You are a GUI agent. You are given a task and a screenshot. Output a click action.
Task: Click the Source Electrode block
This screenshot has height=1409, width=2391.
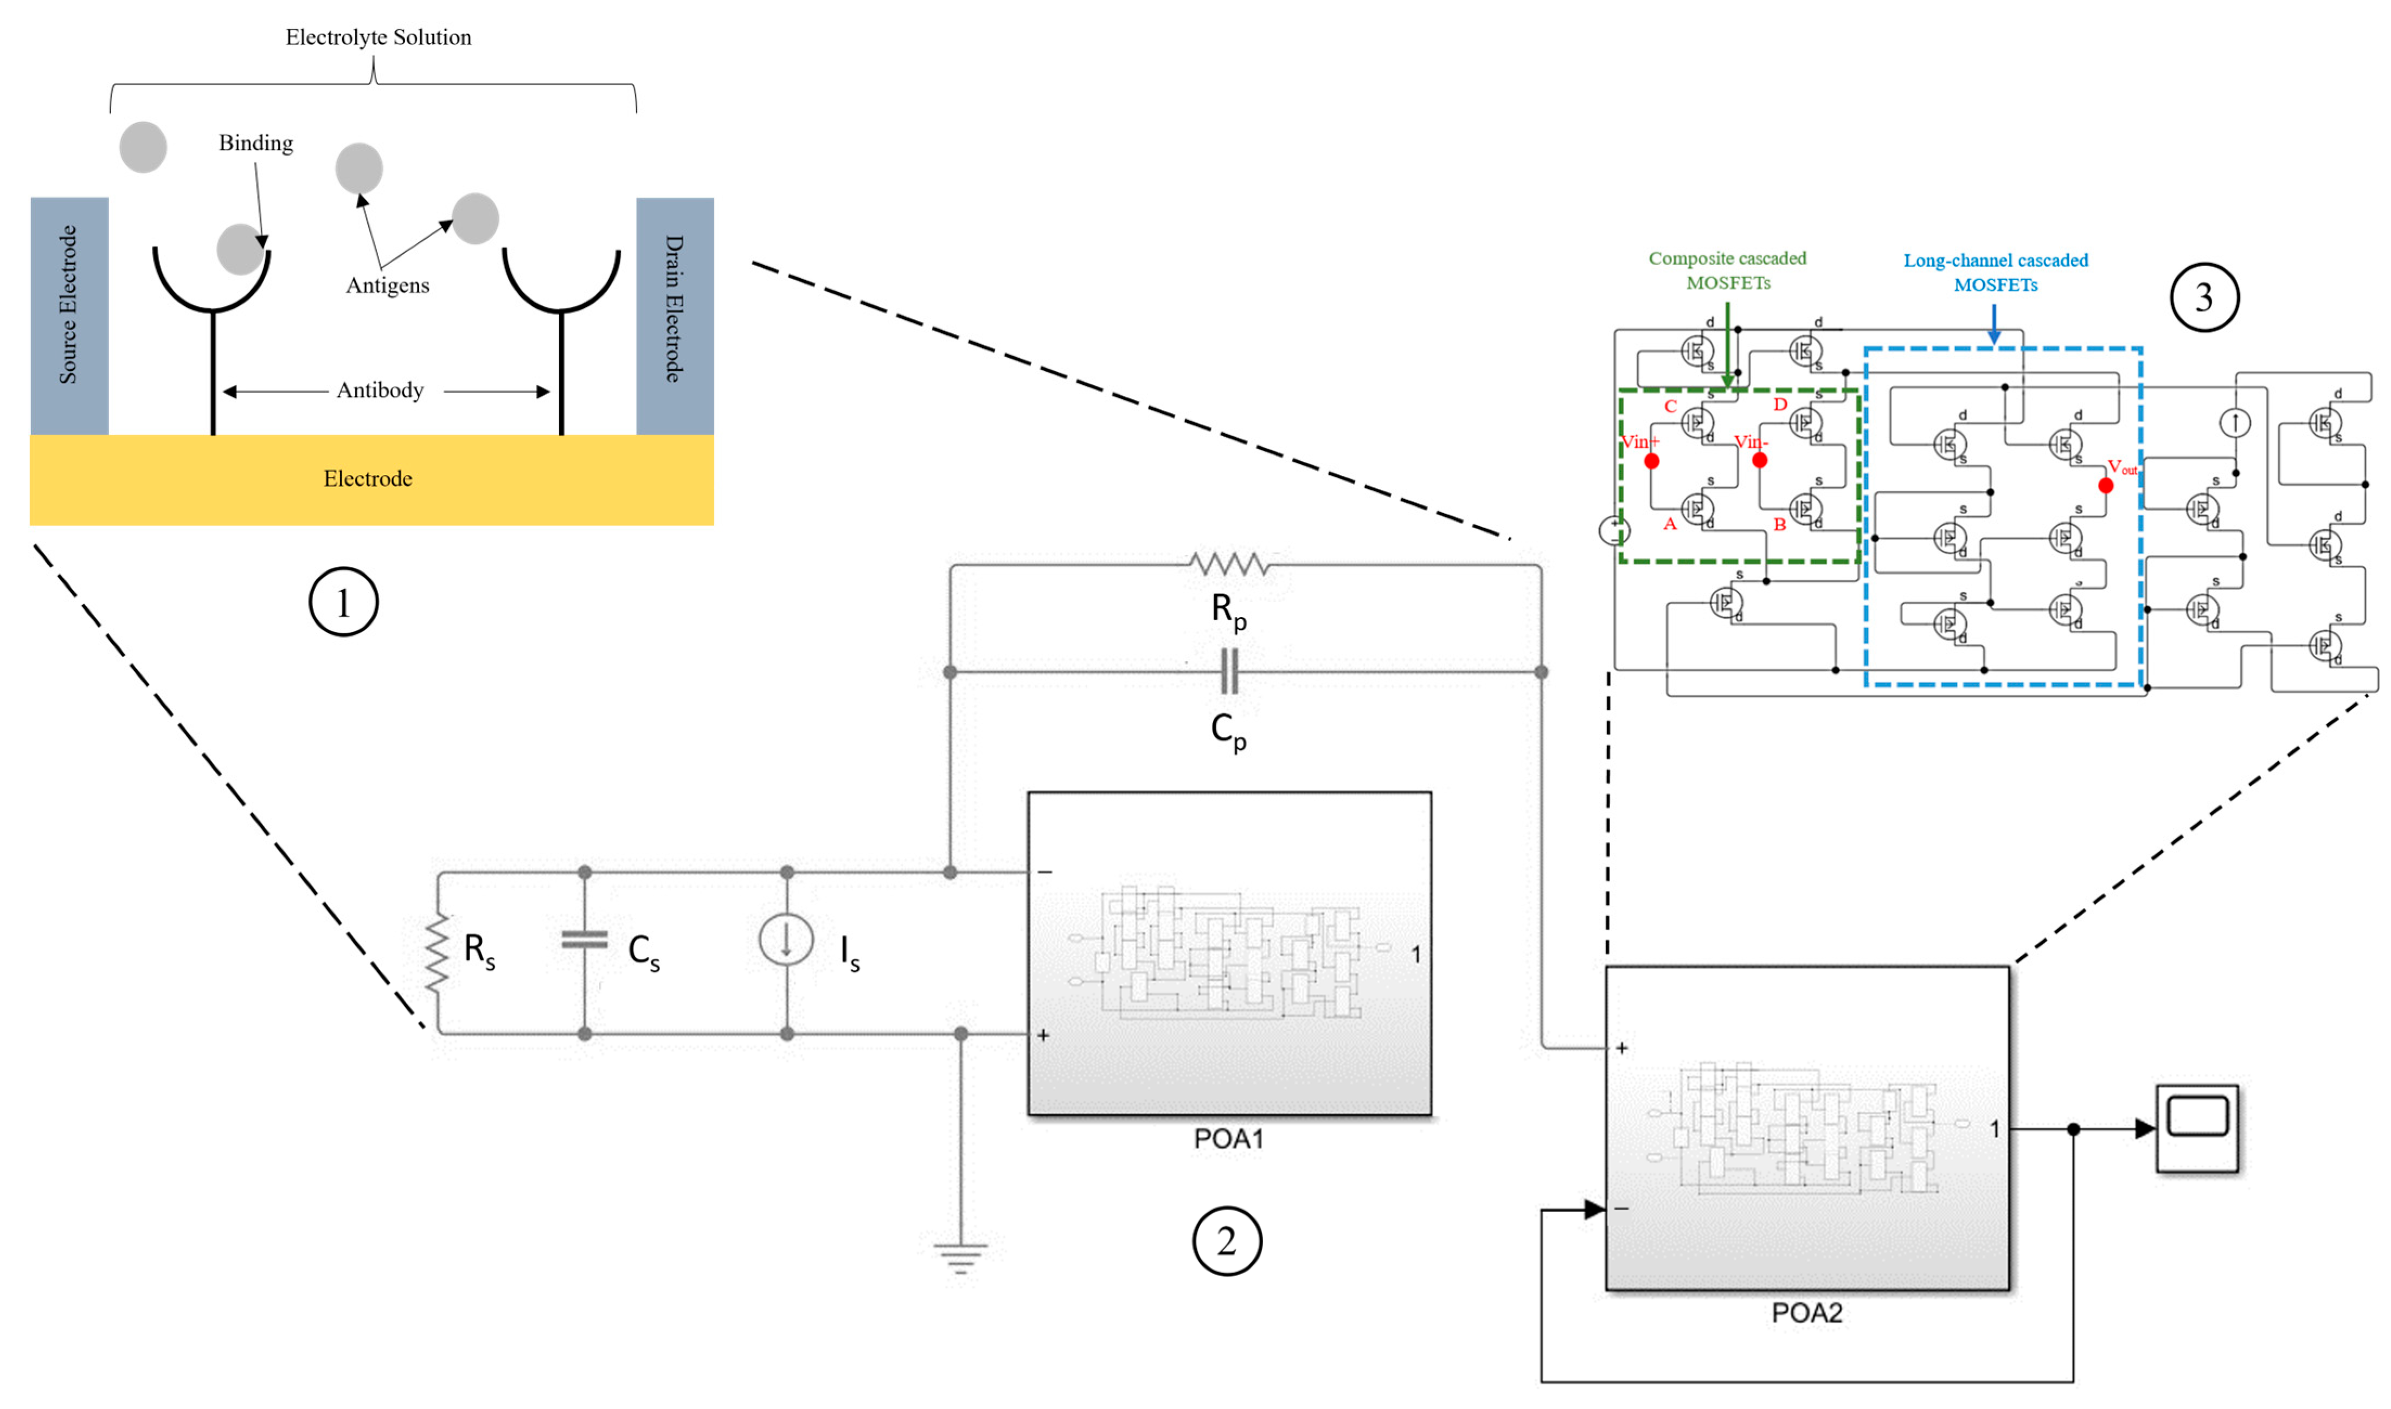pyautogui.click(x=69, y=315)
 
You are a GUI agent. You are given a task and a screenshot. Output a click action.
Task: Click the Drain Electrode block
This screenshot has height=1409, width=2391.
pyautogui.click(x=674, y=315)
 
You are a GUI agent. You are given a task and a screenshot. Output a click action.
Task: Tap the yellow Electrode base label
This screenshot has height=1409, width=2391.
pyautogui.click(x=368, y=479)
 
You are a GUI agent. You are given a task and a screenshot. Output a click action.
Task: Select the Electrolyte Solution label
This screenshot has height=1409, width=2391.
pyautogui.click(x=378, y=37)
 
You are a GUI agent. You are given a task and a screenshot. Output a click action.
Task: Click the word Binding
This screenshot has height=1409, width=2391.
pyautogui.click(x=255, y=143)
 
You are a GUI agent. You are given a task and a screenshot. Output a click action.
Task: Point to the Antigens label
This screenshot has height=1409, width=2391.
pyautogui.click(x=387, y=285)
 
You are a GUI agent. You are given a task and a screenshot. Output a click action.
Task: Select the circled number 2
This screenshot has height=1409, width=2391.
pyautogui.click(x=1226, y=1241)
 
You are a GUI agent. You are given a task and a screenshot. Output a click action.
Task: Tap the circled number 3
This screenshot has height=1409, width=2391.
pyautogui.click(x=2204, y=297)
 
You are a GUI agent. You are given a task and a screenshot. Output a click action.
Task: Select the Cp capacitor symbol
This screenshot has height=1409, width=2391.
pyautogui.click(x=1229, y=671)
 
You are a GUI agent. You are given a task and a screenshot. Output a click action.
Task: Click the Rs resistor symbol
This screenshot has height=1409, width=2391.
pyautogui.click(x=437, y=953)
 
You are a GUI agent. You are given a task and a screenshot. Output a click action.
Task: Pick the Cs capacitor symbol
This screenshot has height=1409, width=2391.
pyautogui.click(x=584, y=940)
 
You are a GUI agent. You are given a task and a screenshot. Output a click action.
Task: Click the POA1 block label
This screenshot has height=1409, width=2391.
pyautogui.click(x=1228, y=1138)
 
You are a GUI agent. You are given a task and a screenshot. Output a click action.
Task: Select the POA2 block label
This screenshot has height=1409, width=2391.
pyautogui.click(x=1806, y=1312)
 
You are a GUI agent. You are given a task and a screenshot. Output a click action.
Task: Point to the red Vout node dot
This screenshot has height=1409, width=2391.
pyautogui.click(x=2105, y=485)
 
